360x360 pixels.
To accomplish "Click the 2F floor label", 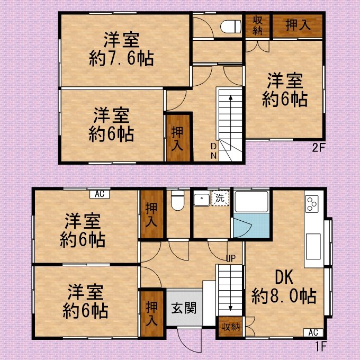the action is (x=319, y=148).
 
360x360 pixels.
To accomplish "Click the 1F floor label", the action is (x=320, y=346).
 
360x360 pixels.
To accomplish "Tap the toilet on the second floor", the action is (x=230, y=26).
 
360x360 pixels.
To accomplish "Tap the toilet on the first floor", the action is (x=178, y=200).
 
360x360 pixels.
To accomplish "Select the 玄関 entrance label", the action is (x=184, y=308).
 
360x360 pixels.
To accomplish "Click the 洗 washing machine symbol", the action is (x=220, y=198).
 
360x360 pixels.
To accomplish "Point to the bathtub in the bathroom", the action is (x=251, y=202).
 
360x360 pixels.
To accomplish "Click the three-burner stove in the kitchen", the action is (x=312, y=203).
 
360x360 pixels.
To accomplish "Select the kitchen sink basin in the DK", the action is (x=313, y=246).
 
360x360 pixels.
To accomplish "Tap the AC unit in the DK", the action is (x=313, y=332).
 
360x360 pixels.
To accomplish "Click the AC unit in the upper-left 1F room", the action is (x=100, y=194).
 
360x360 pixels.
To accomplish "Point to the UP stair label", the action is (x=231, y=259).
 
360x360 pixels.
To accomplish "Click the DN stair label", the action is (x=214, y=151).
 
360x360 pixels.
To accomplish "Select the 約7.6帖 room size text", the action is (x=121, y=59).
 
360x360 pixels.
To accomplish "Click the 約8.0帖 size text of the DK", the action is (x=284, y=296).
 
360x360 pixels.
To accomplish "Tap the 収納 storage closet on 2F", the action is (x=257, y=26).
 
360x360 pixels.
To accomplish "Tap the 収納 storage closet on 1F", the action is (x=230, y=327).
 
